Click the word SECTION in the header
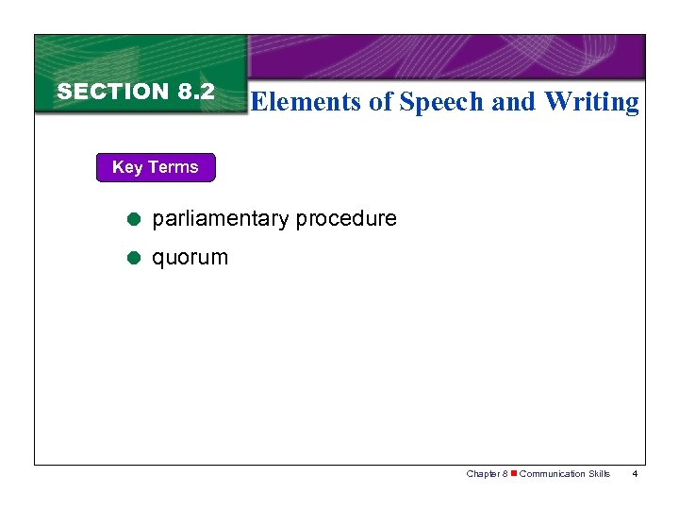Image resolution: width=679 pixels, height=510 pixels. (x=112, y=92)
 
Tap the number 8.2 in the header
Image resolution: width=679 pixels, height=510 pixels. (x=195, y=92)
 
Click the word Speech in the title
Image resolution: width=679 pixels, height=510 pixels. (x=441, y=102)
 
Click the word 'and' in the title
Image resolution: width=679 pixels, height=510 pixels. (x=514, y=102)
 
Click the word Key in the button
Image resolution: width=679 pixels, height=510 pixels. (x=127, y=167)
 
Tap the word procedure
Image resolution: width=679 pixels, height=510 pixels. (x=346, y=219)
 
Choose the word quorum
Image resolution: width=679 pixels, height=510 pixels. (x=190, y=257)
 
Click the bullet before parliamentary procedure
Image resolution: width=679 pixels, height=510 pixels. (x=134, y=219)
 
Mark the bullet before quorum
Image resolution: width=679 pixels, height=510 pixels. (x=134, y=257)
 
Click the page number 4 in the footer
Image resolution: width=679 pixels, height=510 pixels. (x=636, y=474)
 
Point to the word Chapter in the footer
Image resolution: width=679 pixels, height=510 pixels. (x=483, y=474)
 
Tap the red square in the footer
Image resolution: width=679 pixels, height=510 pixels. (x=514, y=474)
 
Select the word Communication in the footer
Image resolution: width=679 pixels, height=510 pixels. (x=552, y=474)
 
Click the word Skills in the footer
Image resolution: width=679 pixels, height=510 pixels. (x=599, y=474)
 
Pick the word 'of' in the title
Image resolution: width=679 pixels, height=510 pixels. (x=380, y=102)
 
